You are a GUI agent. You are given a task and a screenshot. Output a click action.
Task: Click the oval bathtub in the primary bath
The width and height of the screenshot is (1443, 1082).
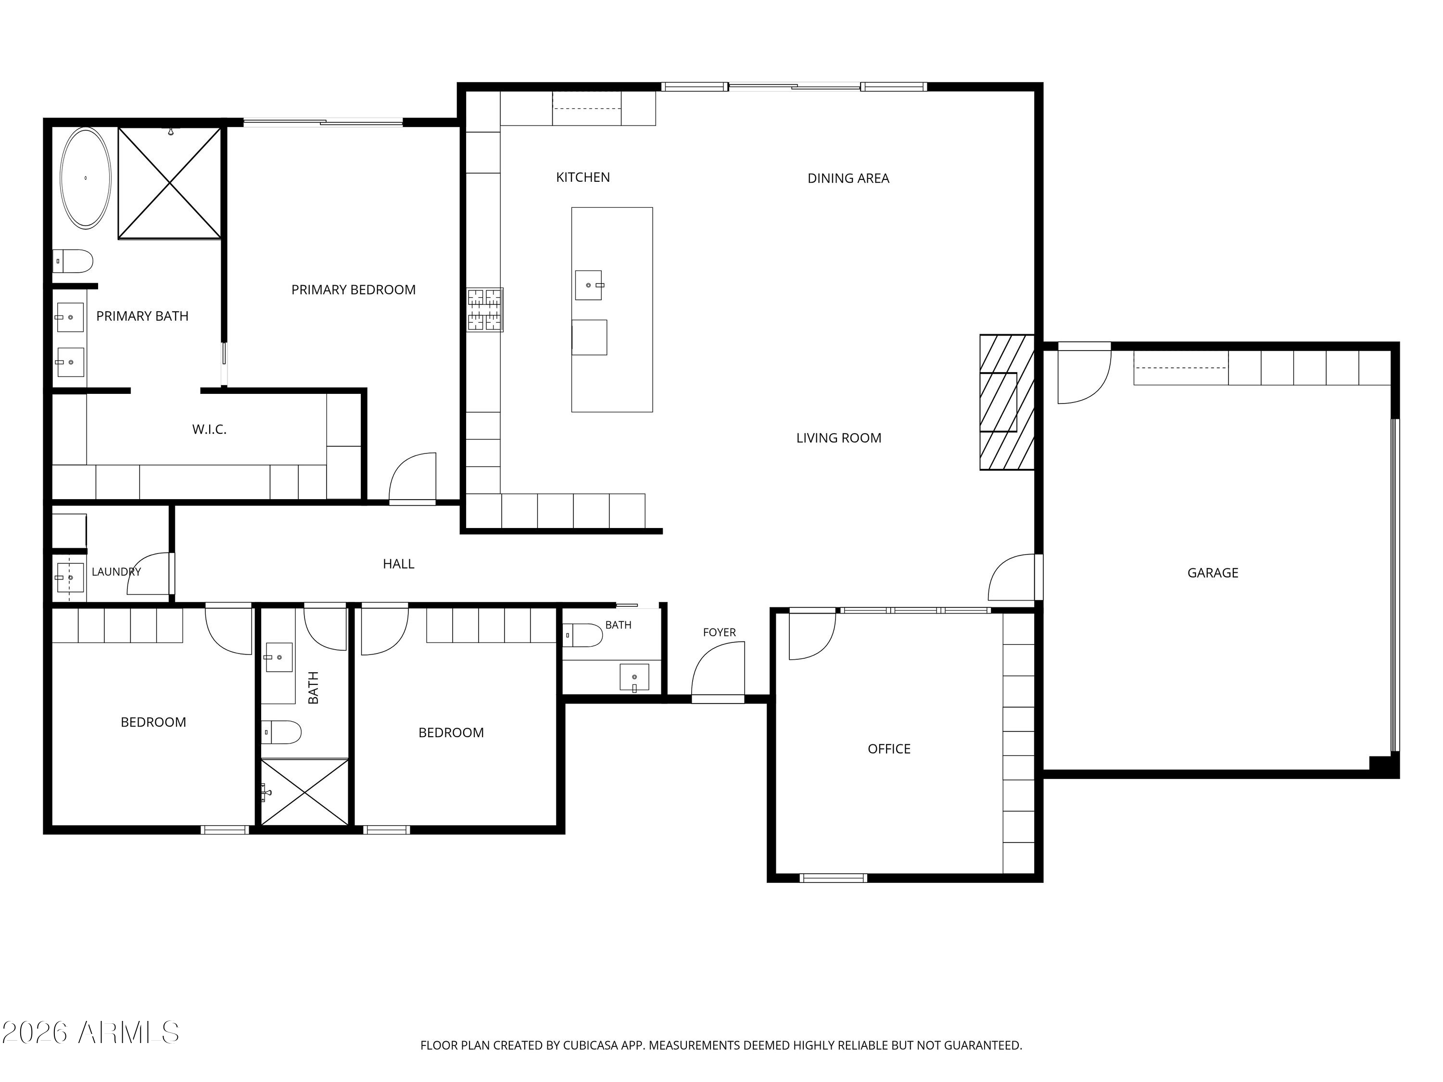point(86,178)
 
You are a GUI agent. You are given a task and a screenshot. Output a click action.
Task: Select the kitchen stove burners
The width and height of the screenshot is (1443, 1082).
point(485,309)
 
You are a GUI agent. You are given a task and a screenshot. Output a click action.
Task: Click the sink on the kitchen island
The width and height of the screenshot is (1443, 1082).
point(588,285)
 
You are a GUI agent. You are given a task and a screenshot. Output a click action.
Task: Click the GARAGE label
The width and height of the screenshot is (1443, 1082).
point(1212,573)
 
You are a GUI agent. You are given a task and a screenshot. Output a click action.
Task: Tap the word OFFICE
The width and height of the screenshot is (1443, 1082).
point(888,749)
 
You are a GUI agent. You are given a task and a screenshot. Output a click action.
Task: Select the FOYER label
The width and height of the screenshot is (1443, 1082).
point(719,632)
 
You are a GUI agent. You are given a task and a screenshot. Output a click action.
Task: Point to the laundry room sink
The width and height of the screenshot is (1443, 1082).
point(70,577)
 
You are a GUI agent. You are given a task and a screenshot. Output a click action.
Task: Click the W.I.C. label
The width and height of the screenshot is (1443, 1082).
point(209,429)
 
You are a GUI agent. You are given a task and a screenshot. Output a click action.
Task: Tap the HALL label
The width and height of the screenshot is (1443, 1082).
point(398,564)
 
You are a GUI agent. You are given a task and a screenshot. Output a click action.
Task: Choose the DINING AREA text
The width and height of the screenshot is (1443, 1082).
point(848,178)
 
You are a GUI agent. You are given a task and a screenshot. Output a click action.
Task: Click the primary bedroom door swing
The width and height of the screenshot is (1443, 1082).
point(412,478)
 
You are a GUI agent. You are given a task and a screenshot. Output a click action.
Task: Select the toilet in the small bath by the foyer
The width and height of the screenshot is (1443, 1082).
point(582,635)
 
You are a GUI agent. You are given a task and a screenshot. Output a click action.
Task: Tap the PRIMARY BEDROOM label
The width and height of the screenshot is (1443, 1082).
point(353,289)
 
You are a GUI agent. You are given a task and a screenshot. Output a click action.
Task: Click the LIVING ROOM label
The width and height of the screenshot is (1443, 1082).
point(838,438)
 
